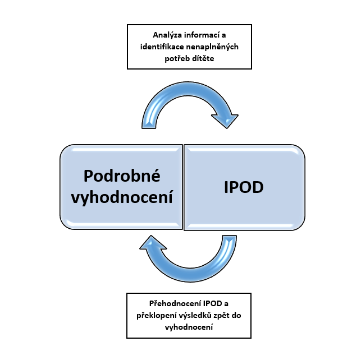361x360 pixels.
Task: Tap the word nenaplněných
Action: coord(212,47)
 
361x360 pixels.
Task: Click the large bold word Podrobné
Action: coord(122,176)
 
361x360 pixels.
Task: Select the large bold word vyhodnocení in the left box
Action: coord(122,197)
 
